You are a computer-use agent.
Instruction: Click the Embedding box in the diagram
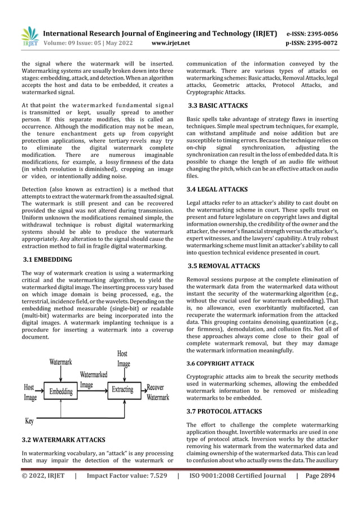60,390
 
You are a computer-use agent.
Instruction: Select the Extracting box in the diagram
122,389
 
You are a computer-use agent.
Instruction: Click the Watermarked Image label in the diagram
94,379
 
